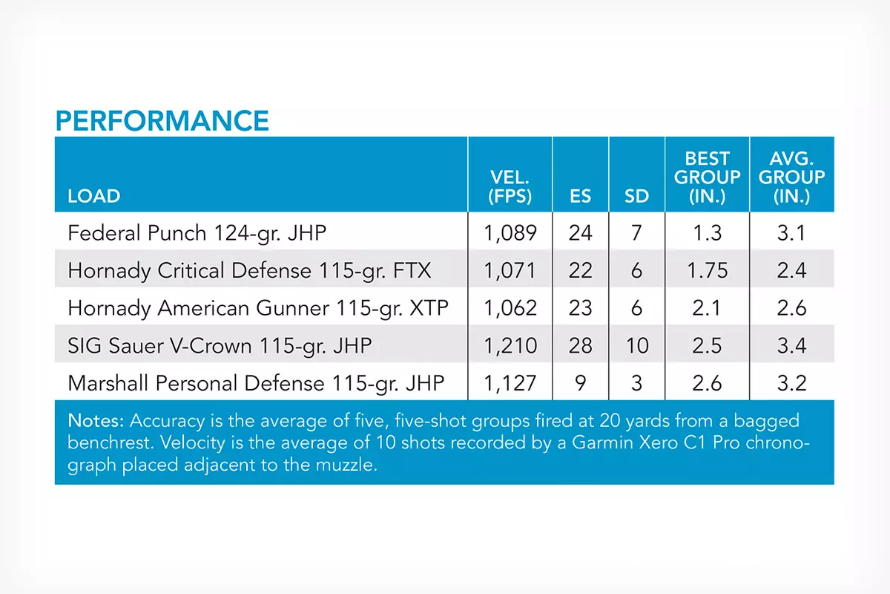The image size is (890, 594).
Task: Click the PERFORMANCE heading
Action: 162,120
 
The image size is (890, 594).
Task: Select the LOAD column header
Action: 93,196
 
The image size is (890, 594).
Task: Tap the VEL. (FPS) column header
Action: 510,186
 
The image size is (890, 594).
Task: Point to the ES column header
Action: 580,196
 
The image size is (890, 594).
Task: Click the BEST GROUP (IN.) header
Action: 708,177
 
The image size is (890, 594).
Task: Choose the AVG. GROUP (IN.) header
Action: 791,177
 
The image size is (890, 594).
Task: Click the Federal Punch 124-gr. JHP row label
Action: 197,233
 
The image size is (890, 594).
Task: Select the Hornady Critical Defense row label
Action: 249,270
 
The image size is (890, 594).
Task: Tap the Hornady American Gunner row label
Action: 258,308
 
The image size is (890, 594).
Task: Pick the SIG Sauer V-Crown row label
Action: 220,346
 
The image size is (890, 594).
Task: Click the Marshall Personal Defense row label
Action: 256,384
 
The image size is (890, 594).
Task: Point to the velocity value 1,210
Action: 510,346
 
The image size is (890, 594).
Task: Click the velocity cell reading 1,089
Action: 510,233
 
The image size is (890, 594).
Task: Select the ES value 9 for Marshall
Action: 580,383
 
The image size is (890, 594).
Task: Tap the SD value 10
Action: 637,345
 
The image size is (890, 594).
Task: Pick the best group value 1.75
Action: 708,270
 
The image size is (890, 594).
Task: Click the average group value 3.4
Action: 791,345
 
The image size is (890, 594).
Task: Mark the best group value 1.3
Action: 708,232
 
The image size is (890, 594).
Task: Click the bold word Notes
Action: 96,420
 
